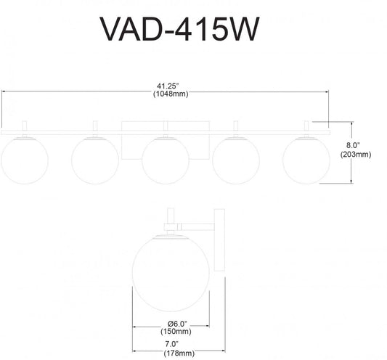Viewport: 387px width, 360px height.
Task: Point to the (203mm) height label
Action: pos(357,154)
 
